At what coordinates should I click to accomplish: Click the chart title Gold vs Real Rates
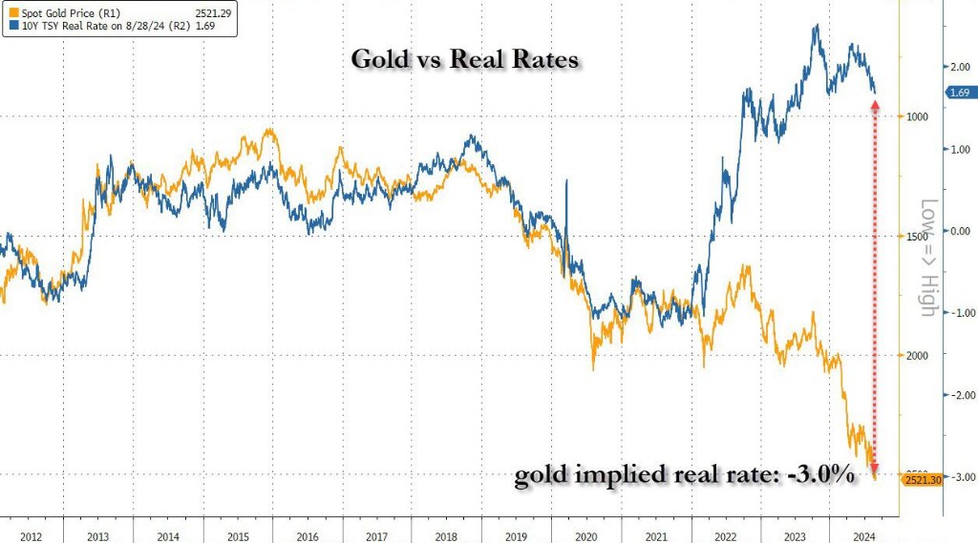point(465,59)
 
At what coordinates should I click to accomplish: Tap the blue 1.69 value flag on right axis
point(958,93)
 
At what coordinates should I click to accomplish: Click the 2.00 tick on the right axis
point(958,67)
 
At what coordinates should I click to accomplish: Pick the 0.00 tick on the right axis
point(958,231)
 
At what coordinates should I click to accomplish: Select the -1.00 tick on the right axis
point(957,313)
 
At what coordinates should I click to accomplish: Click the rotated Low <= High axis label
point(927,258)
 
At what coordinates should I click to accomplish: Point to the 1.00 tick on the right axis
point(958,149)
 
